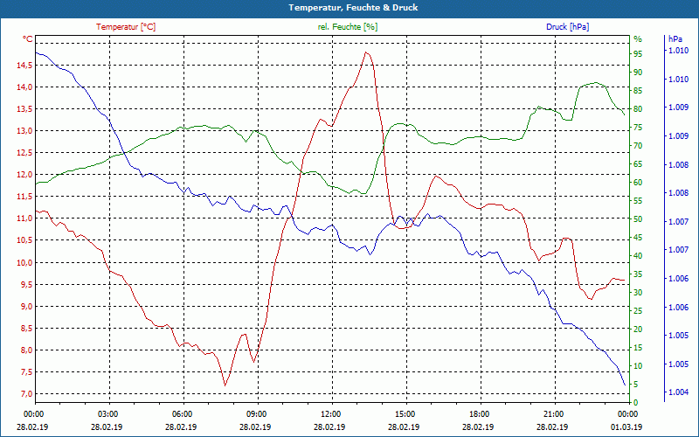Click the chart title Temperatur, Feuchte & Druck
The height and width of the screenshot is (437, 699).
(349, 7)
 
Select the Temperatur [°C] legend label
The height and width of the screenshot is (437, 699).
(126, 27)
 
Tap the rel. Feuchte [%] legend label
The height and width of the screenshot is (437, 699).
(348, 27)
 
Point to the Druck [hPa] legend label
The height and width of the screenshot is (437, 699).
(567, 27)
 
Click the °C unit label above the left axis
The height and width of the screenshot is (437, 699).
(28, 39)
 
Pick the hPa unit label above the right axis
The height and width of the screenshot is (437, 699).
(675, 39)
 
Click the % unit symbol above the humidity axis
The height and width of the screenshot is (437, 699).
(638, 39)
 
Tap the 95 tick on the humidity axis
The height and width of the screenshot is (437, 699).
(638, 53)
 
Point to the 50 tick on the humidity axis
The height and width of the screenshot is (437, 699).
(638, 219)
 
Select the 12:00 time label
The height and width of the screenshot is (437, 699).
(331, 413)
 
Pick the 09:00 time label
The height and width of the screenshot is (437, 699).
(257, 413)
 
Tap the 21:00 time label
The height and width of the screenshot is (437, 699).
(553, 413)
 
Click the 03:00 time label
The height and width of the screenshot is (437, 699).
(108, 413)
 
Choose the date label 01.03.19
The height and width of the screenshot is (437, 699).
(627, 427)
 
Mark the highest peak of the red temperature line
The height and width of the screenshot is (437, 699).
(367, 52)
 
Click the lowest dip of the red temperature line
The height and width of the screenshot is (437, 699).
(225, 385)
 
